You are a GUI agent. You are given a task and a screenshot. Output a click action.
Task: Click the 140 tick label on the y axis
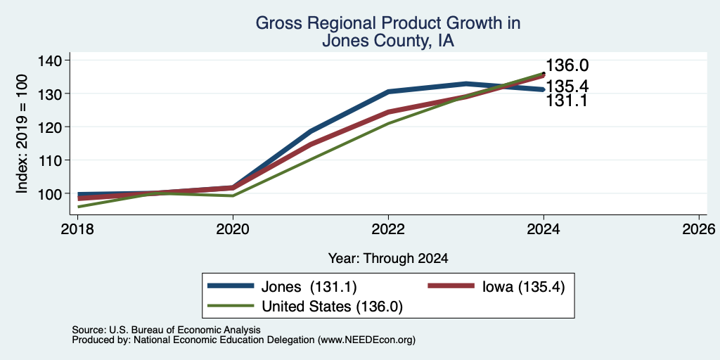(x=51, y=60)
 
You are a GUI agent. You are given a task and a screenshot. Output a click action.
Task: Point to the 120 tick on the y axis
(x=67, y=127)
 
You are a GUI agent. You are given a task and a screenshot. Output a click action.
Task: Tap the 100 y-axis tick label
(x=51, y=194)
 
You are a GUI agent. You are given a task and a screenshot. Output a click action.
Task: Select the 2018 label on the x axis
(x=77, y=229)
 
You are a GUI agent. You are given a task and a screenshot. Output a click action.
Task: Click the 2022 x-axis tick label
(x=388, y=229)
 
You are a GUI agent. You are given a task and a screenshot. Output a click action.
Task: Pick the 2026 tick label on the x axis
(x=698, y=229)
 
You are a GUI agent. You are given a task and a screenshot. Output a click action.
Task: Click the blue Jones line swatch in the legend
(x=231, y=286)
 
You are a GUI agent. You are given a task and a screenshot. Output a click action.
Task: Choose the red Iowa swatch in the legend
(x=451, y=286)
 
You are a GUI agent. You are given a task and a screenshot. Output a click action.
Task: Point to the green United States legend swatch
(x=231, y=305)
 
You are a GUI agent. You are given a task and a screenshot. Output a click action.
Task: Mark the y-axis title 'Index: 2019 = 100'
(x=22, y=134)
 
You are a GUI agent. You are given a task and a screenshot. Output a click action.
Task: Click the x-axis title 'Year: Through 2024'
(x=388, y=259)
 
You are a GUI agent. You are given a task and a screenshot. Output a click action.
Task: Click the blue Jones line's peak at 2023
(x=466, y=84)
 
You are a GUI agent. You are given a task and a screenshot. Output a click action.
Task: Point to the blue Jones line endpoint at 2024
(x=544, y=89)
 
